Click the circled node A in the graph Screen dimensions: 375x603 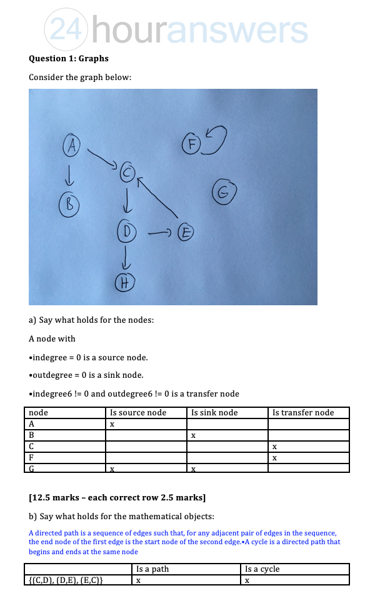(x=71, y=145)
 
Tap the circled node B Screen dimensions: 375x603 (x=69, y=204)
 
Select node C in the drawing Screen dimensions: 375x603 (x=127, y=172)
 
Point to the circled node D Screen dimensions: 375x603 (x=127, y=231)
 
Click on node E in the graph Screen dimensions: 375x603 (x=186, y=232)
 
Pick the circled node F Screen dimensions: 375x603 (x=191, y=143)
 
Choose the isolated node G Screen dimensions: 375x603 (x=224, y=191)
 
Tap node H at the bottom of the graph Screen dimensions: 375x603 (x=125, y=283)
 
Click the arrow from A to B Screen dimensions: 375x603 (x=69, y=175)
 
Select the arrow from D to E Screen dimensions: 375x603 (x=160, y=233)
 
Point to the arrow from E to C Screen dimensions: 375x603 (x=157, y=197)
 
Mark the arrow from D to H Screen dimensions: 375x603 (x=126, y=258)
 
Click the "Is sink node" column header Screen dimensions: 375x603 (x=214, y=413)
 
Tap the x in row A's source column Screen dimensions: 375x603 (x=112, y=424)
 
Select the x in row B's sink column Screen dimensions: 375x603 (x=193, y=436)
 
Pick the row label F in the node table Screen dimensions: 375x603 (x=31, y=458)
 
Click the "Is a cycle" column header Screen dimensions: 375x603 (x=262, y=569)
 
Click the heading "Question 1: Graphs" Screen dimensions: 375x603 (x=69, y=58)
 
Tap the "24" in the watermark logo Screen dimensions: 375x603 (x=66, y=29)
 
